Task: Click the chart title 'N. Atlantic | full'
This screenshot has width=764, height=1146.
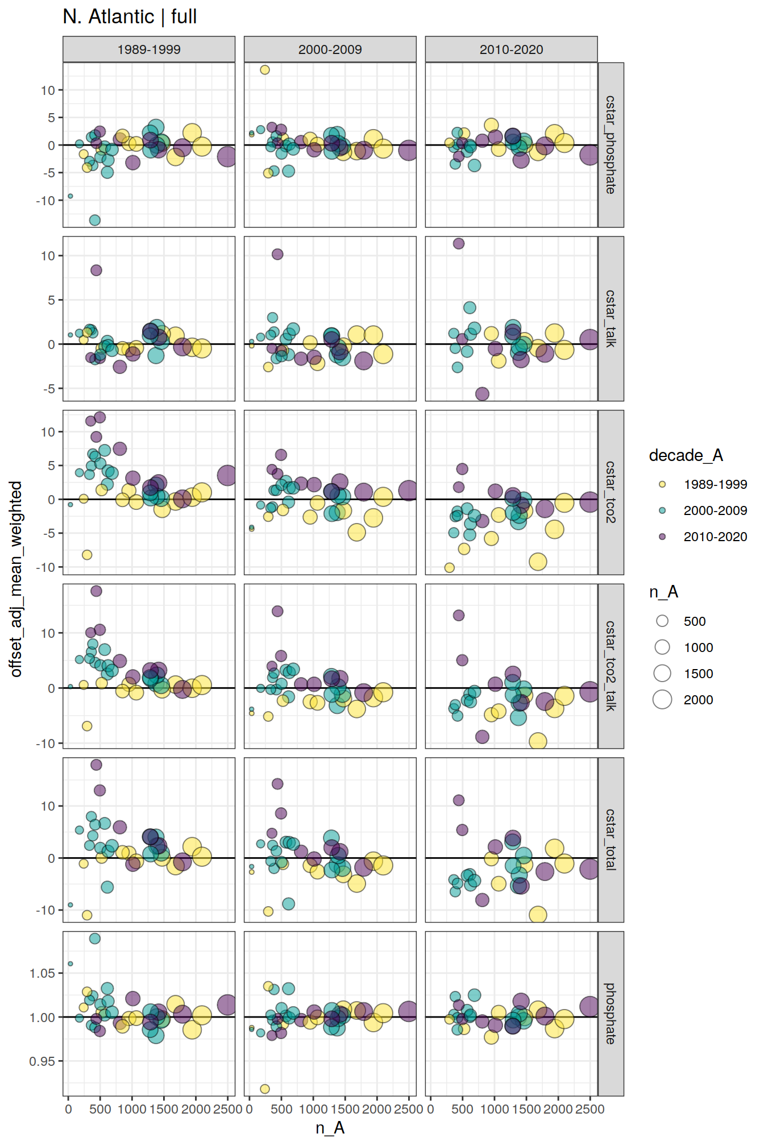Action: (130, 16)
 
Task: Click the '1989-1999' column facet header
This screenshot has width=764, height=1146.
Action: (149, 49)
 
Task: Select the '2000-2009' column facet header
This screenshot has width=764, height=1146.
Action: (330, 49)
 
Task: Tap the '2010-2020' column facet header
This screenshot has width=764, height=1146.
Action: (511, 49)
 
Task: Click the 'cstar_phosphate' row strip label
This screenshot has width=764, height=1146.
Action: (611, 145)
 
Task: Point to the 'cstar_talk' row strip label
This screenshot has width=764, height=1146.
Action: (611, 318)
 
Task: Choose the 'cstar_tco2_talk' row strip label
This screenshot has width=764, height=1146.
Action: (611, 666)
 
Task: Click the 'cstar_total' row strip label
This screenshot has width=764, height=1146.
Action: (611, 840)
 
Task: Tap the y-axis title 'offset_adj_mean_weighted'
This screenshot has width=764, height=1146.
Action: (16, 579)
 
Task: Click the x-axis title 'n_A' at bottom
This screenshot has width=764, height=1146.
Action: (330, 1128)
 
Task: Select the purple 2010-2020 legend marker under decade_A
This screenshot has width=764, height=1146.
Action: (662, 537)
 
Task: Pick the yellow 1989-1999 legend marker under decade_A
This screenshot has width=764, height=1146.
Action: (662, 484)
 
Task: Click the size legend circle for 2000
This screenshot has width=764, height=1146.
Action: (662, 700)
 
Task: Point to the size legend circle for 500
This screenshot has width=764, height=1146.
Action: (662, 621)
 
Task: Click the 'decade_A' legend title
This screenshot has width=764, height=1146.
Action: (686, 455)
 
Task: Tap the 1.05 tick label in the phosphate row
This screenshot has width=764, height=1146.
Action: (42, 973)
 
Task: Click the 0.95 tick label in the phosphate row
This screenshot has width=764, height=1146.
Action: (42, 1061)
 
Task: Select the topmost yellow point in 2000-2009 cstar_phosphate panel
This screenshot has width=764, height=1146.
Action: (264, 70)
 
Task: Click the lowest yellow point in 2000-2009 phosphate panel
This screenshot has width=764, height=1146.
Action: (264, 1089)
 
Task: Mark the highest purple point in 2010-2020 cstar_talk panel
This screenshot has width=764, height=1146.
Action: (459, 243)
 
